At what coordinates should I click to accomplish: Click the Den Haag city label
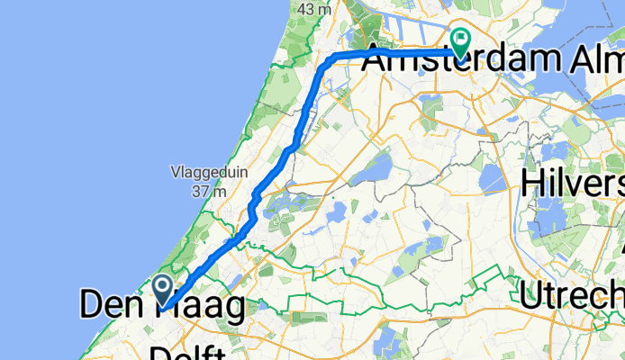(162, 306)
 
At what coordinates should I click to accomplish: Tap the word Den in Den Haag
(108, 306)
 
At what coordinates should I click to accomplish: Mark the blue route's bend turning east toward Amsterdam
(334, 57)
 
